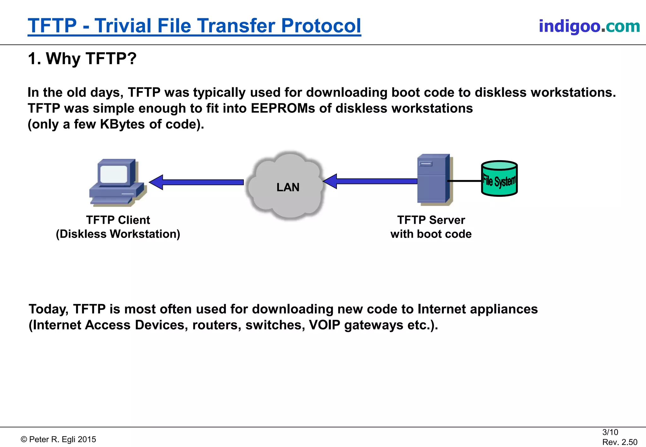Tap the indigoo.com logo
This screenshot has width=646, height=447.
coord(589,26)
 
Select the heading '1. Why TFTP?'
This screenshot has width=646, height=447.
coord(82,59)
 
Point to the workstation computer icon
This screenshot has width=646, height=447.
coord(117,183)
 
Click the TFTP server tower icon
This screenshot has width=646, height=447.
coord(434,179)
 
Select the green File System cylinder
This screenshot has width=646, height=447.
coord(499,179)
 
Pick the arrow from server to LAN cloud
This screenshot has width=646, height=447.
coord(371,181)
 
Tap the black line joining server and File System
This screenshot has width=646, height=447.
coord(464,181)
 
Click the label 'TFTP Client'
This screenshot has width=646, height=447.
coord(118,220)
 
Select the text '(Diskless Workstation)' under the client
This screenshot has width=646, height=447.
coord(118,234)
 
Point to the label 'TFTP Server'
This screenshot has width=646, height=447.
coord(431,220)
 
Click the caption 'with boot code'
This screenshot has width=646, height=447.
coord(431,234)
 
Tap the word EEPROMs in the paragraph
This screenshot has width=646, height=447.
coord(283,108)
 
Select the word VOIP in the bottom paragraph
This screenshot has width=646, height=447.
coord(325,325)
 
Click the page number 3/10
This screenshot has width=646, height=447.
coord(610,432)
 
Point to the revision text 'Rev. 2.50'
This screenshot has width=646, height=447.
coord(620,442)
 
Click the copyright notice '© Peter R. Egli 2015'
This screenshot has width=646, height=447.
coord(58,439)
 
